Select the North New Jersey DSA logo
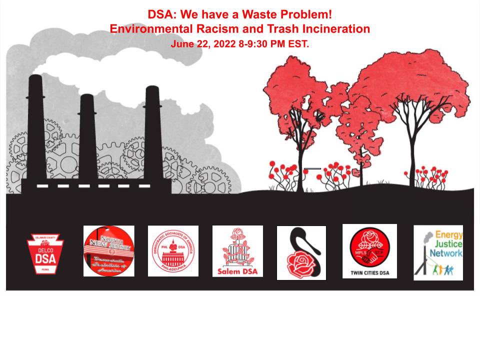click(x=108, y=250)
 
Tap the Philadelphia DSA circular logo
click(x=173, y=250)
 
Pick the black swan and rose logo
click(x=301, y=252)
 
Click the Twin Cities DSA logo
click(x=369, y=250)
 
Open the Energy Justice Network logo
click(x=438, y=252)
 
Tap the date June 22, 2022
click(x=204, y=43)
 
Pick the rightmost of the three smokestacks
click(x=153, y=132)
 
